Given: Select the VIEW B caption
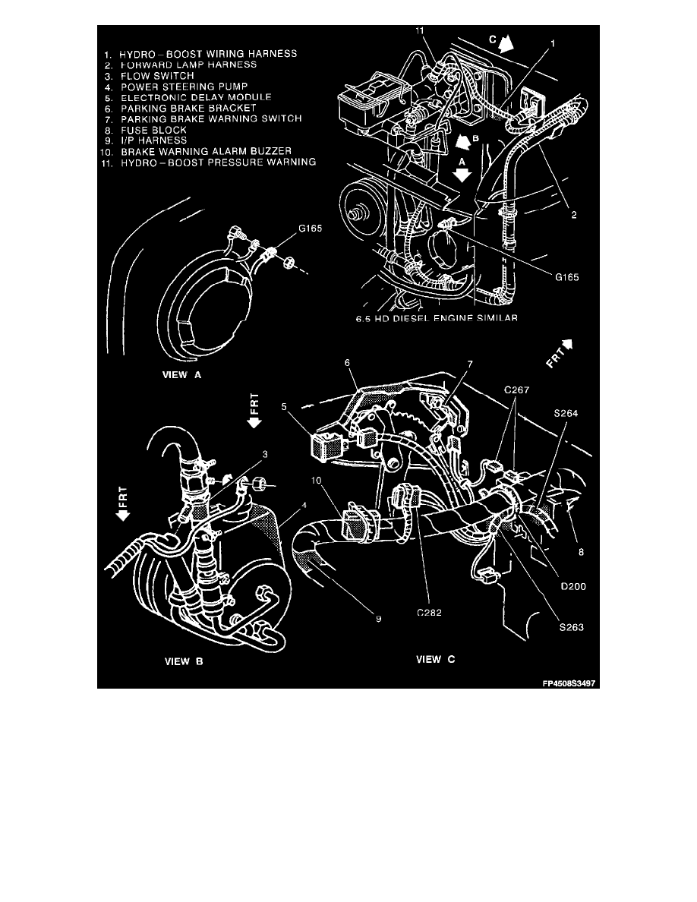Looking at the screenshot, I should pyautogui.click(x=184, y=661).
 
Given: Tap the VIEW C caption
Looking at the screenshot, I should pyautogui.click(x=436, y=659).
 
